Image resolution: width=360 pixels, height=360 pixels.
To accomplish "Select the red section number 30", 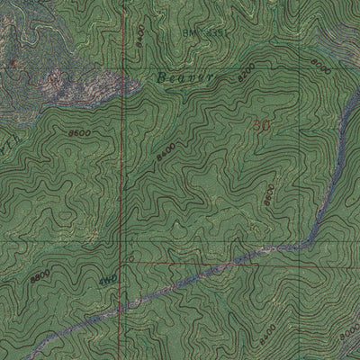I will pyautogui.click(x=263, y=125).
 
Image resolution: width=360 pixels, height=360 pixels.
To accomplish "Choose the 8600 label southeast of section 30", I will pyautogui.click(x=269, y=193).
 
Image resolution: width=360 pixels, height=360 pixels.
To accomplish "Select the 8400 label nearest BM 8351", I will pyautogui.click(x=138, y=37).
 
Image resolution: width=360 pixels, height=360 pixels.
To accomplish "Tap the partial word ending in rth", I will pyautogui.click(x=11, y=144).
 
